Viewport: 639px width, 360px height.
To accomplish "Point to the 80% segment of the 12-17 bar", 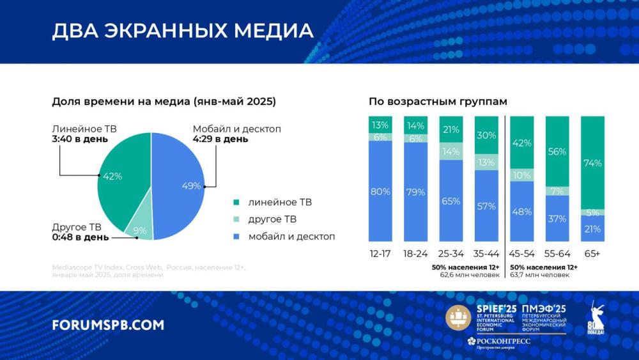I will [x=381, y=190].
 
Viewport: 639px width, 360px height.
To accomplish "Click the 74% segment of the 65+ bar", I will [x=592, y=162].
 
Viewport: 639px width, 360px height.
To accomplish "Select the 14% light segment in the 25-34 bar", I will [x=451, y=152].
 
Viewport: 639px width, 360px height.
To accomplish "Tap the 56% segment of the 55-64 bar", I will [x=557, y=152].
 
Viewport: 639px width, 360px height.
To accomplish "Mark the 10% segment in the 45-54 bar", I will [x=521, y=175].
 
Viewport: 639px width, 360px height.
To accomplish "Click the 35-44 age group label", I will [x=486, y=253].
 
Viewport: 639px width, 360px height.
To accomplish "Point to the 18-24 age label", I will [x=416, y=253].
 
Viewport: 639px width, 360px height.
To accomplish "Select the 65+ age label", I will [x=592, y=253].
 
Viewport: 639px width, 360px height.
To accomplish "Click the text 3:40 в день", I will [x=81, y=139].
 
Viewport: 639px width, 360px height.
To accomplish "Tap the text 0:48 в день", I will [x=81, y=237].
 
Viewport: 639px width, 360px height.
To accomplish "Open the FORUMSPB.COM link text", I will [x=108, y=325].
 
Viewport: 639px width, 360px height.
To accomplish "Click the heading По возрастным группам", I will [x=438, y=102].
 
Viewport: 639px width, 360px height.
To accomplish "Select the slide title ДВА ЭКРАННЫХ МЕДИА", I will [x=183, y=31].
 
